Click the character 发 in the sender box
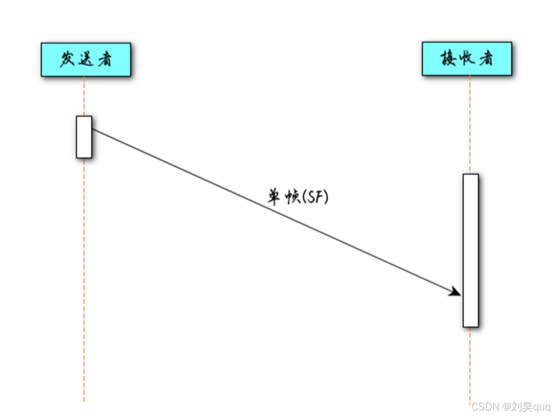[x=68, y=60]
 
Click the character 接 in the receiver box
[x=449, y=59]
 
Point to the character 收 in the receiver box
[x=467, y=59]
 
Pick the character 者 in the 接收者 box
[x=485, y=59]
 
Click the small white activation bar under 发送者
[x=84, y=137]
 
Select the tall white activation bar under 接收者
[x=470, y=250]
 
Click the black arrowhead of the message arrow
[x=455, y=292]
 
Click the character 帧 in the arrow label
[x=292, y=197]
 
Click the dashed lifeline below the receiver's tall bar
[x=470, y=365]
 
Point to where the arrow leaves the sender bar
[x=93, y=130]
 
